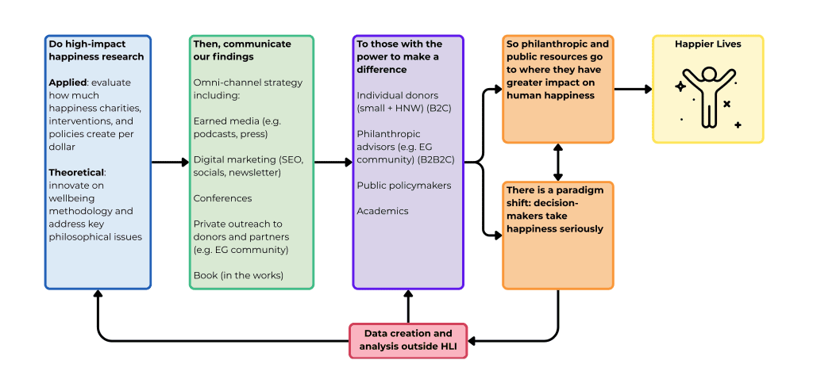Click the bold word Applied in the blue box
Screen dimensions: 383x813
coord(67,82)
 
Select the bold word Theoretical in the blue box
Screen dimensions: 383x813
coord(76,172)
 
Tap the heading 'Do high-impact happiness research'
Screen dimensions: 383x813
coord(96,50)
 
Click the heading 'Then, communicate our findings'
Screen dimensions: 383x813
coord(241,50)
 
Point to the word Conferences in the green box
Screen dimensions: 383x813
coord(222,198)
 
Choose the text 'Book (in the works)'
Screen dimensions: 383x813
coord(237,275)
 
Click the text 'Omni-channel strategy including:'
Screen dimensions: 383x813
coord(248,89)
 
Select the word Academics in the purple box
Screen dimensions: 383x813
coord(383,211)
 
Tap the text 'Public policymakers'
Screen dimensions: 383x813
coord(403,186)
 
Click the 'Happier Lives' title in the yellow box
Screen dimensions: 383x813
coord(707,44)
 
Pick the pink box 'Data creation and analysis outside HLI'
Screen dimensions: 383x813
coord(408,339)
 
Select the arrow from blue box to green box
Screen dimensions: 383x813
coord(169,163)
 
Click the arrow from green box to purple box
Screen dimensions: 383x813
coord(333,163)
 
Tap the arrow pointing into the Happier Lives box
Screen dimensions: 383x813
coord(633,89)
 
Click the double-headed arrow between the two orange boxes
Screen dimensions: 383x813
coord(558,162)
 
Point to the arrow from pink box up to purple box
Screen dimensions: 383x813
coord(408,305)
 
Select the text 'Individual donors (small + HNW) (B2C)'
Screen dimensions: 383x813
coord(403,101)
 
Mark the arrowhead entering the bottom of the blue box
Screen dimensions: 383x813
coord(98,295)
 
